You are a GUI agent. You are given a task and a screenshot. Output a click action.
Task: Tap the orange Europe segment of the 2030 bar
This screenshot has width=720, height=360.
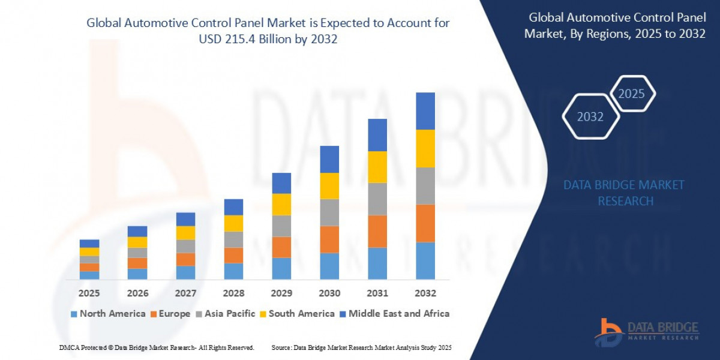coord(329,239)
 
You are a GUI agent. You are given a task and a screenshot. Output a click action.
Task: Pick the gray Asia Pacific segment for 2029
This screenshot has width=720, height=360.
coord(281,226)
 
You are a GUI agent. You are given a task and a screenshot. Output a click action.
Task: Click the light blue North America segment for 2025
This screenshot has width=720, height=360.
coord(89,275)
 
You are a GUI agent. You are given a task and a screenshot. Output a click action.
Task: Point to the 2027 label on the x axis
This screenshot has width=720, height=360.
coord(185,293)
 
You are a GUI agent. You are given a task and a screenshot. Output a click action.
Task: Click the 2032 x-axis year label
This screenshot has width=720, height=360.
coord(425,293)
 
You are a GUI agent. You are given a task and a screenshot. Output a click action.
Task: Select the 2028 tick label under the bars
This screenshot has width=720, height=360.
coord(233,293)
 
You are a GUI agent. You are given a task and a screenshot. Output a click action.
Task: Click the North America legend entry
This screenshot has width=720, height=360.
coord(108,313)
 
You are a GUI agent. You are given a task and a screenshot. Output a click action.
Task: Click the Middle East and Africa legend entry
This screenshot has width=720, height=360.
coord(394,313)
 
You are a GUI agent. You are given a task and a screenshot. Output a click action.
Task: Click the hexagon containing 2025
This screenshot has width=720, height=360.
coord(631,94)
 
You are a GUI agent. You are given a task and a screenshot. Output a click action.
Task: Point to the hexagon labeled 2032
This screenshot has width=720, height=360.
coord(590,116)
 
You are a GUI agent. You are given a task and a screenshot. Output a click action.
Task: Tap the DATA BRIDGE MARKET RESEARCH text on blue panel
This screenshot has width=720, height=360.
coord(624,193)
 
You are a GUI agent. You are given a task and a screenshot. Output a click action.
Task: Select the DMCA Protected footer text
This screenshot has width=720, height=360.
coord(157,347)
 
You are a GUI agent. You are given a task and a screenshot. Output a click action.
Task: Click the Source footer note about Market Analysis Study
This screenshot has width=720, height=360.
coord(361,347)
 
